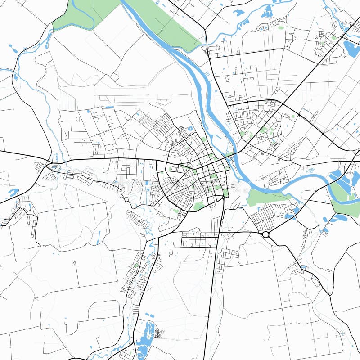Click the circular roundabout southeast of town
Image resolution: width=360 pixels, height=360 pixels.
265,234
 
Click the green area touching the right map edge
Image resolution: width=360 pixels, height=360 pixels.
346,207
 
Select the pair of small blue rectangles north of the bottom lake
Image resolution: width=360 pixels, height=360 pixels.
149,315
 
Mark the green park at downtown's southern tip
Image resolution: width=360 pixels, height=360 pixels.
198,206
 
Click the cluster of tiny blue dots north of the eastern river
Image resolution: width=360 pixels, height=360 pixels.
309,171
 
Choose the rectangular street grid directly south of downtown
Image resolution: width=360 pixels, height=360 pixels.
198,240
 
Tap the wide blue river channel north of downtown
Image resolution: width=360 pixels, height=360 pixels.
198,81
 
